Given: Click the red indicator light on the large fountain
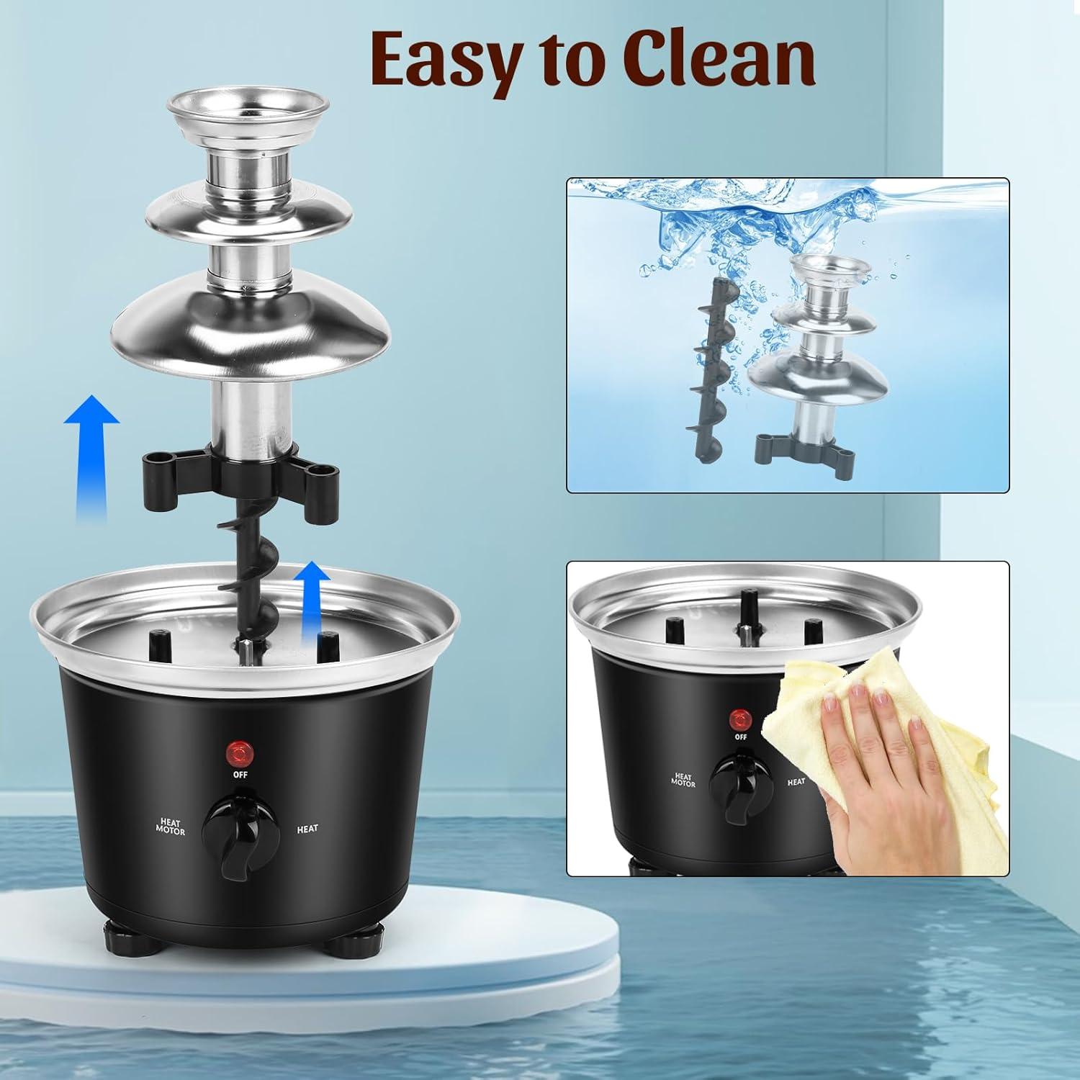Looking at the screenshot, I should point(240,754).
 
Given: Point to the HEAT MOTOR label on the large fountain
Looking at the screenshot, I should point(170,827).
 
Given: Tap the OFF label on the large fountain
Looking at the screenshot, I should point(240,775).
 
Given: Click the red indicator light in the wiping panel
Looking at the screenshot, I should point(740,719).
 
